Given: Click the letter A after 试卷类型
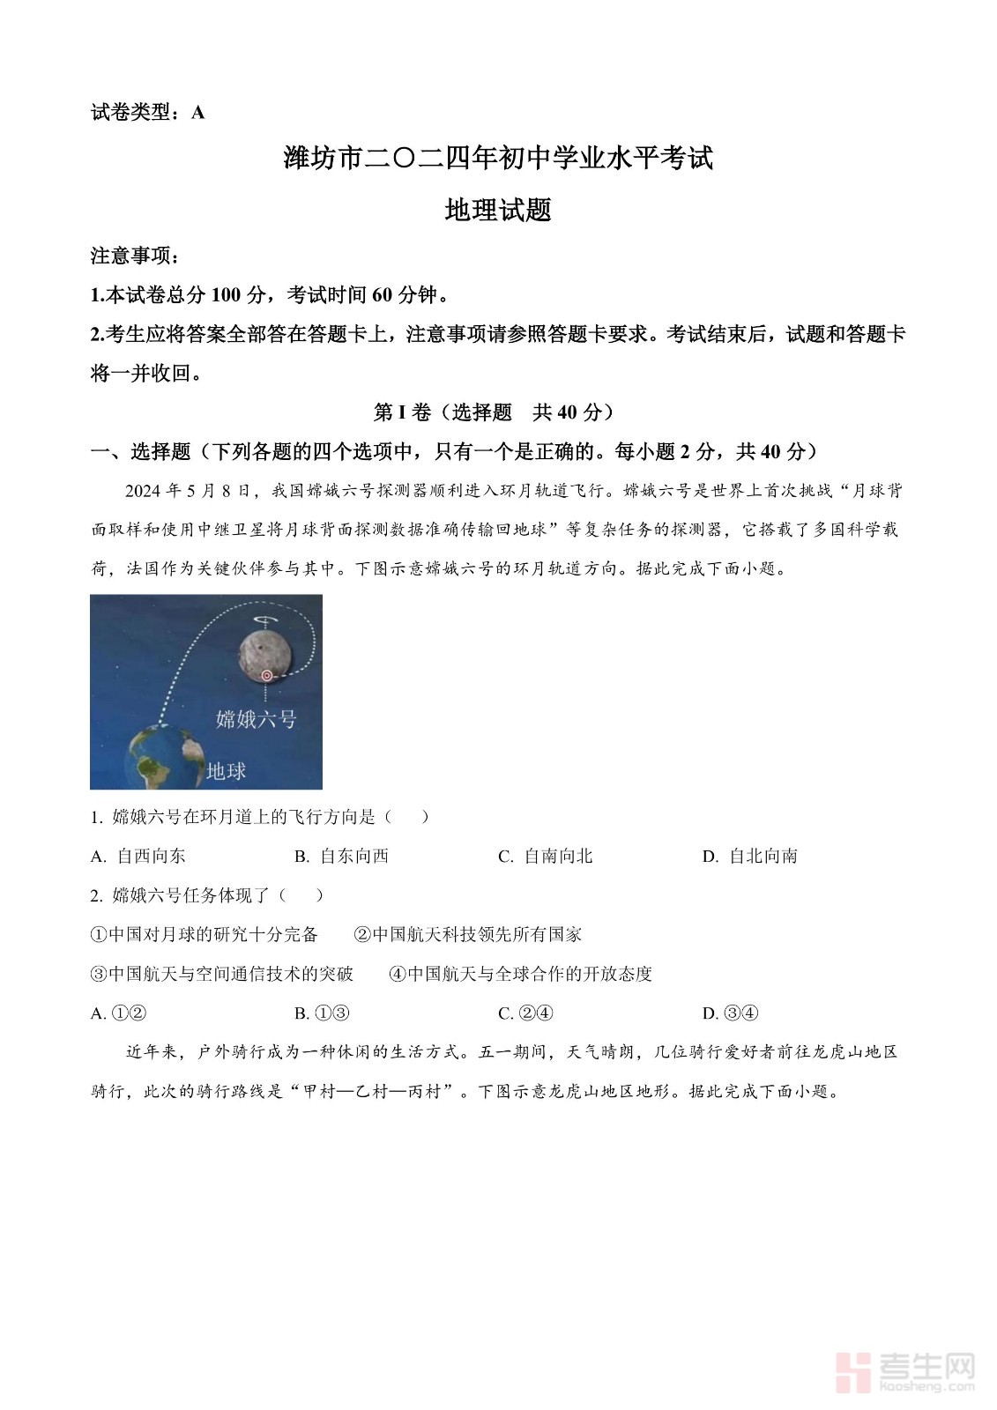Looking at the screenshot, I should [x=198, y=113].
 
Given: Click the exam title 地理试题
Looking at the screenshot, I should [x=498, y=211].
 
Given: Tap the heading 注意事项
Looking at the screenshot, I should [x=135, y=256].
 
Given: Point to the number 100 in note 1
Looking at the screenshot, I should [x=227, y=295].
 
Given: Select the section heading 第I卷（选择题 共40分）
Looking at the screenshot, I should [x=495, y=412].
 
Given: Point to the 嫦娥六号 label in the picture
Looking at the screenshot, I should [x=256, y=719].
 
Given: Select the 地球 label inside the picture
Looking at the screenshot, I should [x=226, y=771].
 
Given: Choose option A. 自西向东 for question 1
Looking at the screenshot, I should [x=138, y=856].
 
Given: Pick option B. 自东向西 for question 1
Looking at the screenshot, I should [x=342, y=856].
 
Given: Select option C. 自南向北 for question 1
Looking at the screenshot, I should [x=546, y=856].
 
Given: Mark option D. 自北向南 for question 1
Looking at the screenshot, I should [x=750, y=856].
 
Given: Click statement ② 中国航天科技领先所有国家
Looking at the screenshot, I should [x=468, y=934].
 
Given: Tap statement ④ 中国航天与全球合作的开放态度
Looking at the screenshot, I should [x=521, y=974].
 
